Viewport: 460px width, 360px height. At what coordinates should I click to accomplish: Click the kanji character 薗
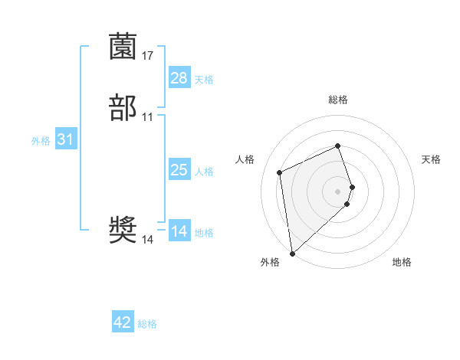tap(123, 47)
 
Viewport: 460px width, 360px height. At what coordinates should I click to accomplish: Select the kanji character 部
tap(123, 107)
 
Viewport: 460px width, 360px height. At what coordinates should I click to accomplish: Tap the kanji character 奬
tap(123, 230)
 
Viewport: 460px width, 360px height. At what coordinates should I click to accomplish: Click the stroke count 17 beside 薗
tap(148, 55)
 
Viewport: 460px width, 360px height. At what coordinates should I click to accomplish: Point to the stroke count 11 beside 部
tap(148, 116)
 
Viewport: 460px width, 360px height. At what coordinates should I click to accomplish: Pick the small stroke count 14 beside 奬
tap(148, 240)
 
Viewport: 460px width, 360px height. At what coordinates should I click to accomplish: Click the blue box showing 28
tap(179, 77)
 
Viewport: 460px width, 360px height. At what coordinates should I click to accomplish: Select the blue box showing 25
tap(179, 170)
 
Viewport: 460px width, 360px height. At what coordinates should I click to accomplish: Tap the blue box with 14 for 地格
tap(179, 231)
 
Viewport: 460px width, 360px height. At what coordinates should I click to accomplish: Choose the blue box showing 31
tap(65, 139)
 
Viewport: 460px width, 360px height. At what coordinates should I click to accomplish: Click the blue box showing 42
tap(123, 322)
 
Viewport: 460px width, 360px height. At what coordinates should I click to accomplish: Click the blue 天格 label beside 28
tap(204, 79)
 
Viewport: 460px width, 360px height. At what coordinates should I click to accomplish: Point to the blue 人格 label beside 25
tap(204, 172)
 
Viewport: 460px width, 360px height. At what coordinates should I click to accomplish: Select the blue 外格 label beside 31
tap(41, 141)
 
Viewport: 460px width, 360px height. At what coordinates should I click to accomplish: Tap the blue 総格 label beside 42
tap(147, 324)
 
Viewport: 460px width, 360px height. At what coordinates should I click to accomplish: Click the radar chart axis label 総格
tap(338, 100)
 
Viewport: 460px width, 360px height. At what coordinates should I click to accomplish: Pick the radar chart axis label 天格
tap(431, 159)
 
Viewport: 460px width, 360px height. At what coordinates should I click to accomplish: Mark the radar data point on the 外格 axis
tap(292, 253)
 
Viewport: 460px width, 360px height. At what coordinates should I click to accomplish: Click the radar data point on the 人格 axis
tap(280, 172)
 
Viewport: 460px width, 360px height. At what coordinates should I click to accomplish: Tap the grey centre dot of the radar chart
tap(338, 191)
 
